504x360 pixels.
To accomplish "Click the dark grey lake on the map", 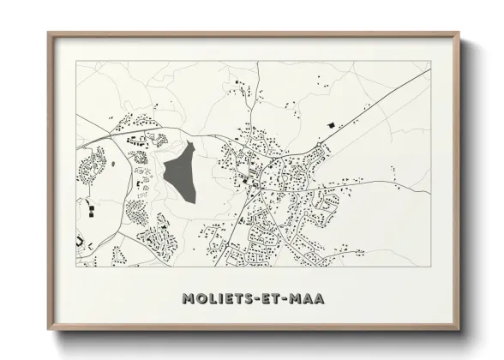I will pos(180,171).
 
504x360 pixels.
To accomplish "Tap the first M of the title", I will pos(189,298).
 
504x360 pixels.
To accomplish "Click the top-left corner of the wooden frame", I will pos(49,33).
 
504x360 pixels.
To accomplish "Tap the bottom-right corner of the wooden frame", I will pos(460,331).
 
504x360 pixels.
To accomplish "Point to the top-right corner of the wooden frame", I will pos(460,33).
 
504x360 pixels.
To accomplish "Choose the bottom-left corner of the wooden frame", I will pos(49,331).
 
